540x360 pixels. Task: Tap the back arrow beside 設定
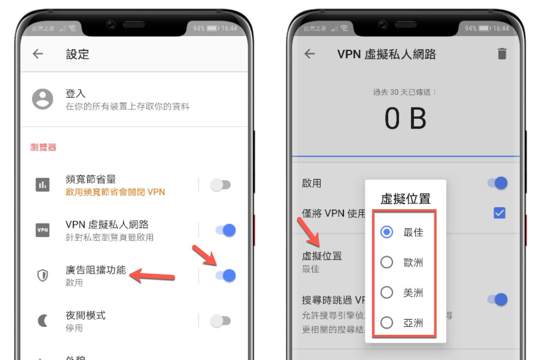coord(38,54)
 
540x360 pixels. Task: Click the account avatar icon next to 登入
coord(42,99)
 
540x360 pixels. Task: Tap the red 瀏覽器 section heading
coord(43,147)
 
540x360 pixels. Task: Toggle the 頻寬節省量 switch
coord(220,185)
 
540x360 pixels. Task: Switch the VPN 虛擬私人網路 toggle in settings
coord(226,230)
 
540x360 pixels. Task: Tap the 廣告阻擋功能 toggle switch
coord(226,275)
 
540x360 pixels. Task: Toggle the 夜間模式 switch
coord(220,321)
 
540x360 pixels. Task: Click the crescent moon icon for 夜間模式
coord(43,321)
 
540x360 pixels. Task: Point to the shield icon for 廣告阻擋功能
coord(43,275)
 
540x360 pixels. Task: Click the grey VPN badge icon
coord(43,230)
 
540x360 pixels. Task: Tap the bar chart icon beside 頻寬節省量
coord(43,184)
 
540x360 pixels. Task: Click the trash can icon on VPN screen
coord(502,54)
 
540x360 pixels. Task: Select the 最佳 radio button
coord(387,232)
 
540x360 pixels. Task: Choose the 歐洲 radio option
coord(387,262)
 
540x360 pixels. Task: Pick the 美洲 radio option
coord(387,293)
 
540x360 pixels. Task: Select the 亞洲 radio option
coord(387,323)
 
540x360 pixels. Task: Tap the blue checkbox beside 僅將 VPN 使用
coord(499,213)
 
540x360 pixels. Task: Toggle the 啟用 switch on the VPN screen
coord(498,183)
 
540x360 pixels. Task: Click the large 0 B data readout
coord(405,119)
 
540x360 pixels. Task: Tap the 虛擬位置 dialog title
coord(405,199)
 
